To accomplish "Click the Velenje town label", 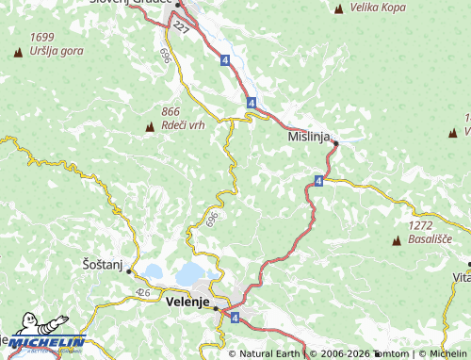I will tap(186, 303).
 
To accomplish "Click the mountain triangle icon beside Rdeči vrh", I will tap(149, 126).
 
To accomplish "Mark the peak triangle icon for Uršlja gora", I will tap(18, 52).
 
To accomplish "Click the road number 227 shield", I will tap(181, 32).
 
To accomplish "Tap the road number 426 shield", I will tap(142, 293).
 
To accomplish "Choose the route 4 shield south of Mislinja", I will tap(319, 179).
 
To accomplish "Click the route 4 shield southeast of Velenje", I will tap(234, 319).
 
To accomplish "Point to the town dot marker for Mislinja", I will tap(334, 142).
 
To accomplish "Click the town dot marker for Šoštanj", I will tap(129, 271).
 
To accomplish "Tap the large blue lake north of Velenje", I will tap(190, 273).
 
